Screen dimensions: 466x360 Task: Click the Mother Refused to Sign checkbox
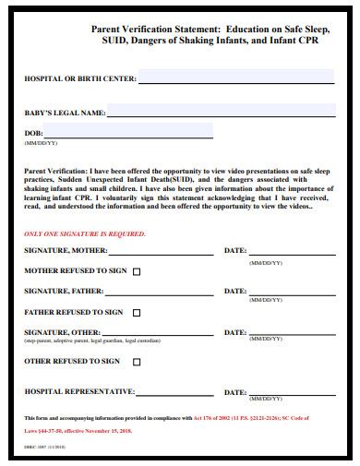(x=138, y=271)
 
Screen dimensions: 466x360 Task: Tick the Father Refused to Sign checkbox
(x=137, y=313)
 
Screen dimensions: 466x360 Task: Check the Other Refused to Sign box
(x=137, y=362)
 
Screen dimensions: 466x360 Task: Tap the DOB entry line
(x=128, y=136)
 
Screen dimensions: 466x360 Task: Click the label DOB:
(x=33, y=134)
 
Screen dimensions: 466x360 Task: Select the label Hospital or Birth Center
(x=79, y=80)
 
